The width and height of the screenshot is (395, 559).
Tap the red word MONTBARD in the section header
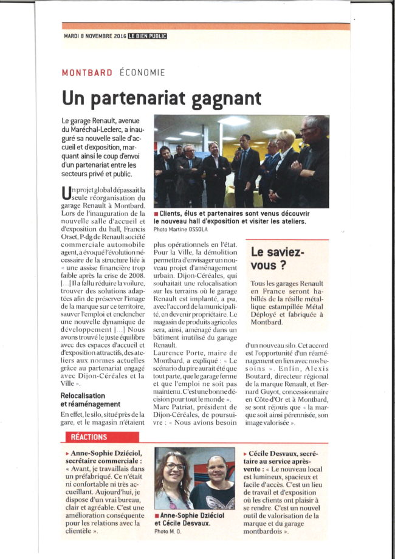pos(87,72)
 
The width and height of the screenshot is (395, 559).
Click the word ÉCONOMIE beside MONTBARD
pos(142,72)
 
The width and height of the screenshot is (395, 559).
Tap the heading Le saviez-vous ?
pos(277,258)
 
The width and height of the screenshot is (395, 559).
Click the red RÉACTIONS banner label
pos(89,437)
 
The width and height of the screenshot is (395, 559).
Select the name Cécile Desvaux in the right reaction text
pos(278,453)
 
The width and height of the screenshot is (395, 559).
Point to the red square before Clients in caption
pos(156,214)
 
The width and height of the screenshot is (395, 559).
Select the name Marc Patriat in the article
pos(176,399)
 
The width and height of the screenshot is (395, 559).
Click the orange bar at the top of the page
pos(205,26)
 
